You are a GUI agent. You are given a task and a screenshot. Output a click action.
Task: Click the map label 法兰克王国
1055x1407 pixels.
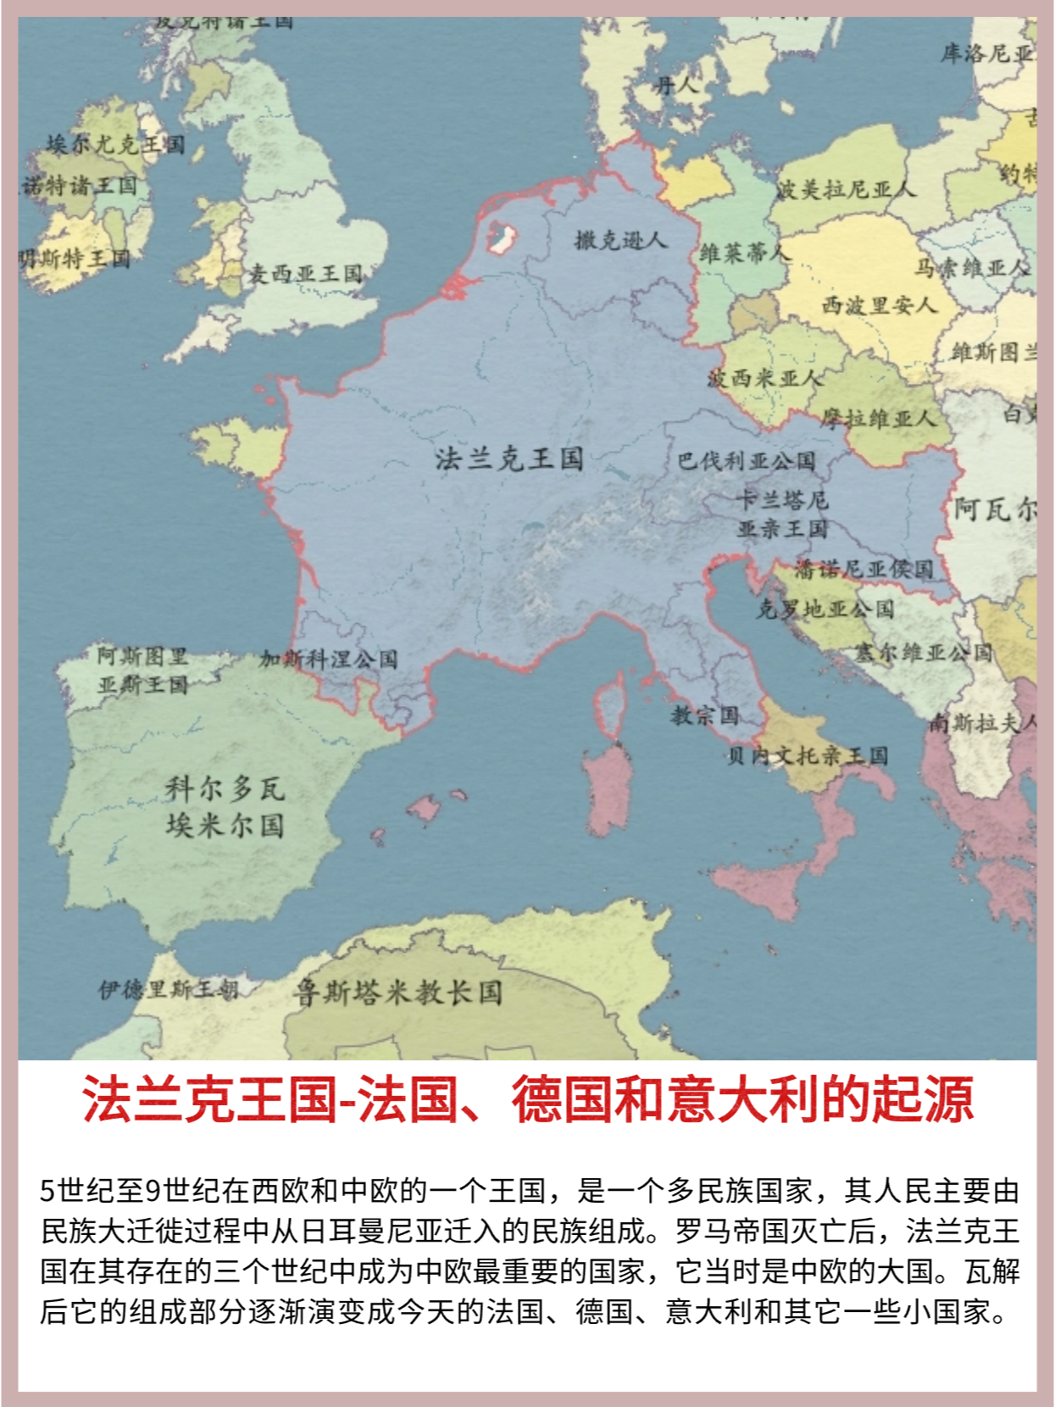pos(509,459)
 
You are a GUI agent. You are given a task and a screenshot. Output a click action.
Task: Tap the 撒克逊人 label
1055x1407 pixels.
pos(620,241)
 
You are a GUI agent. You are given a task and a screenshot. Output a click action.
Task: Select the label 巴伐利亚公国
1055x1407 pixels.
pos(746,461)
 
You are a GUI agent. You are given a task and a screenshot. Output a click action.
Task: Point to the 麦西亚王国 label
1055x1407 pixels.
pos(305,274)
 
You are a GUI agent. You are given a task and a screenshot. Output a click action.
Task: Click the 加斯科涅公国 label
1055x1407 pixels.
pos(329,659)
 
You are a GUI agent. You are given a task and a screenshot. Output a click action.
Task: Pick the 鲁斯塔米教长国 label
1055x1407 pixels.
pos(397,992)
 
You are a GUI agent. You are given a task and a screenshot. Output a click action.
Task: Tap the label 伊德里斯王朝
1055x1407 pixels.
pos(169,989)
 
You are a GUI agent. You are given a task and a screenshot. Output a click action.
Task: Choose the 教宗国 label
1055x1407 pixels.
pos(705,715)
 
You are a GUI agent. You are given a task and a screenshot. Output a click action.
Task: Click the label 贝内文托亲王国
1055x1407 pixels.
pos(808,755)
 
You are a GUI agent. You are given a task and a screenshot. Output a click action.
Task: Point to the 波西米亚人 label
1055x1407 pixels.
pos(765,378)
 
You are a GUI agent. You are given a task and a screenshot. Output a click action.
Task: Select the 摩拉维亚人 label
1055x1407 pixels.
pos(878,418)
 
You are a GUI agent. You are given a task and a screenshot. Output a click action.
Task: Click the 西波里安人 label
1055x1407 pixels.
pos(879,304)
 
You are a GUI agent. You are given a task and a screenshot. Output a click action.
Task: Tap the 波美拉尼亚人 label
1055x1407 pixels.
pos(846,189)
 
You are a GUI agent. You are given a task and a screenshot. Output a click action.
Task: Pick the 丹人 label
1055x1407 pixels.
pos(676,85)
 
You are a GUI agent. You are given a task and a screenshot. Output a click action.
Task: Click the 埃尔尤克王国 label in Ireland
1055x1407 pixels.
pos(115,144)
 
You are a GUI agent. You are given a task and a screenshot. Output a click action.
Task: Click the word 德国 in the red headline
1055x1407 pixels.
pos(562,1099)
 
